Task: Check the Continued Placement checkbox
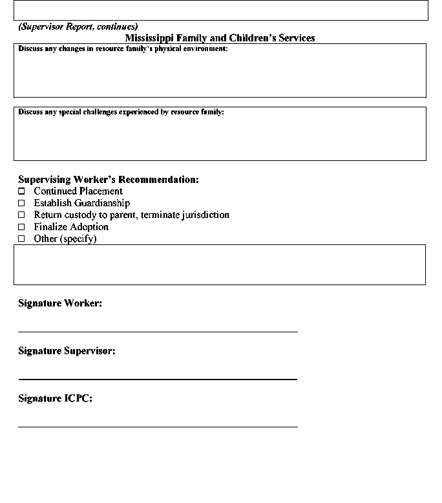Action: (21, 191)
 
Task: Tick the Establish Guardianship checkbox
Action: (21, 203)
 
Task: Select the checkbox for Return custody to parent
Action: (21, 215)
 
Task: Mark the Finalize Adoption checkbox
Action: (21, 227)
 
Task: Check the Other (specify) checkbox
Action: (21, 239)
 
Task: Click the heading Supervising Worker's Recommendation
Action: (109, 180)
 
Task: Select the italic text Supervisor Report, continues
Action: (78, 27)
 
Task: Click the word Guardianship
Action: (102, 203)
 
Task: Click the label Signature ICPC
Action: (55, 398)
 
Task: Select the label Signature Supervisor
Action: (67, 351)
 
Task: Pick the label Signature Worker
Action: (60, 303)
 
